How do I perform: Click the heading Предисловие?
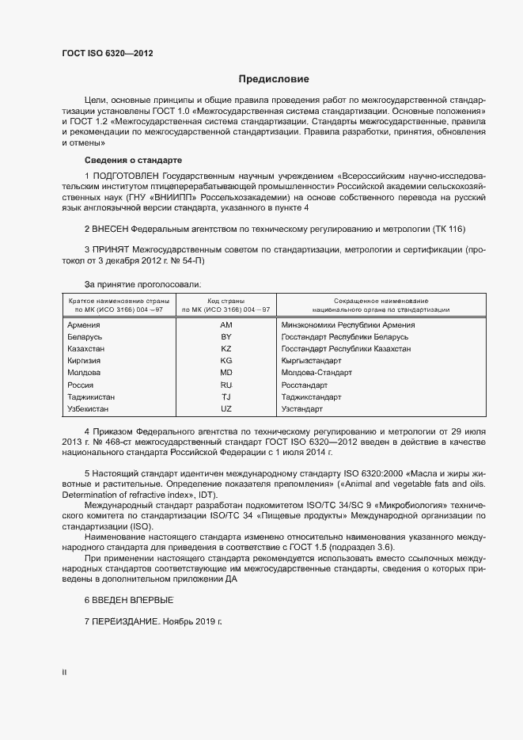point(275,79)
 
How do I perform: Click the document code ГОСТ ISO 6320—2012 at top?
point(108,54)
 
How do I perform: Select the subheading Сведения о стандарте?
point(133,161)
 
